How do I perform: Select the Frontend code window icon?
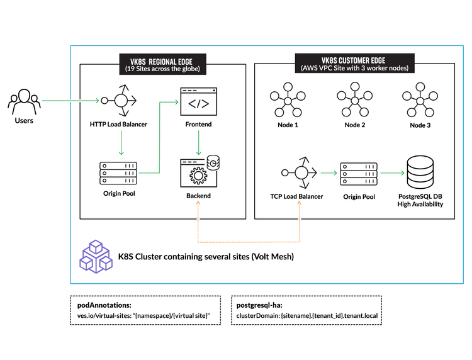pos(199,101)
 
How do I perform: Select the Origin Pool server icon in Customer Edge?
pos(359,173)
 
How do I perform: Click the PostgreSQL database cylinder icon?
pos(420,171)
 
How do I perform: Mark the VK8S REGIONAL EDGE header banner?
pos(162,65)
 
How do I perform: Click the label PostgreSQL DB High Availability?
pos(420,200)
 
